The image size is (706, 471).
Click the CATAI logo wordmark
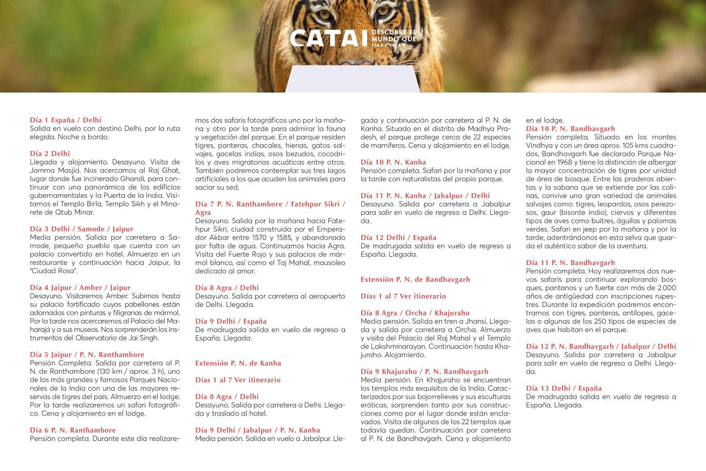[x=329, y=38]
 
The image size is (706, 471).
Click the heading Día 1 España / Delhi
[x=66, y=120]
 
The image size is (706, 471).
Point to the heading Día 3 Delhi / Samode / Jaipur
[x=82, y=229]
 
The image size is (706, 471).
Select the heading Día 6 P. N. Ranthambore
[x=73, y=430]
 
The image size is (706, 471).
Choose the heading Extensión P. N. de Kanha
[x=238, y=363]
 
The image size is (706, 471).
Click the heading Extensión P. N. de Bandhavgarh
[x=415, y=279]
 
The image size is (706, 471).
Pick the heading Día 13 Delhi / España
[x=564, y=388]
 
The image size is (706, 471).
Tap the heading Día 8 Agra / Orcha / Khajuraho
[x=415, y=313]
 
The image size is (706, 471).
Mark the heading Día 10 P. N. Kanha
[x=393, y=162]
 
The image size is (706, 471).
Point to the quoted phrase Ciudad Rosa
[x=54, y=271]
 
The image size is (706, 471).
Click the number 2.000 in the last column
[x=666, y=288]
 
